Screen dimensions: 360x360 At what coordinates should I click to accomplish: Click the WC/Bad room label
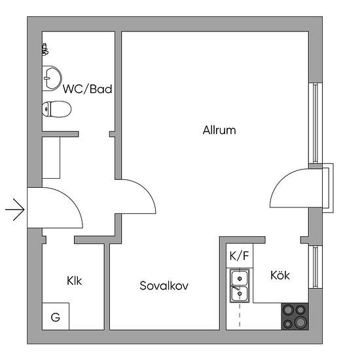coord(88,89)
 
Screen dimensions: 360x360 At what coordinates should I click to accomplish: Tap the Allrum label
coord(219,130)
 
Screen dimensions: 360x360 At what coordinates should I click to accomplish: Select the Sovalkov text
coord(164,285)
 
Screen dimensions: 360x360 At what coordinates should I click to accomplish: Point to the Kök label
coord(280,275)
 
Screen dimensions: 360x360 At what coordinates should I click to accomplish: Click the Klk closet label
coord(75,281)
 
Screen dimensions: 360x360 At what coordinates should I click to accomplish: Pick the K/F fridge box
coord(240,255)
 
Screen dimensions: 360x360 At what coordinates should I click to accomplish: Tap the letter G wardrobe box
coord(56,316)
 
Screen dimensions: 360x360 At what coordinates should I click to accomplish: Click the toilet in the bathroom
coord(57,109)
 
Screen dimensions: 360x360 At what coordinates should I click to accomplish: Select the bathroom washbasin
coord(52,79)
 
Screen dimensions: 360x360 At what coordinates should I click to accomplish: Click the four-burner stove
coord(295,317)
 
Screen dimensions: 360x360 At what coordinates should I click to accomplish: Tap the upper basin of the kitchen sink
coord(240,278)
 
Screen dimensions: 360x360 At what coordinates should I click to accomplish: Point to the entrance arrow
coord(15,209)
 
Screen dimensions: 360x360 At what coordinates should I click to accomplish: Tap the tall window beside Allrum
coord(315,123)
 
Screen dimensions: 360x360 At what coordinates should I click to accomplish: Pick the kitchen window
coord(315,267)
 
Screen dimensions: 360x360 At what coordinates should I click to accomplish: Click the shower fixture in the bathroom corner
coord(45,50)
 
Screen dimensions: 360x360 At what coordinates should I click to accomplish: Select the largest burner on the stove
coord(300,322)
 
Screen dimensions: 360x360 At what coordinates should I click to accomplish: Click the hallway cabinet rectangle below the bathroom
coord(51,158)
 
